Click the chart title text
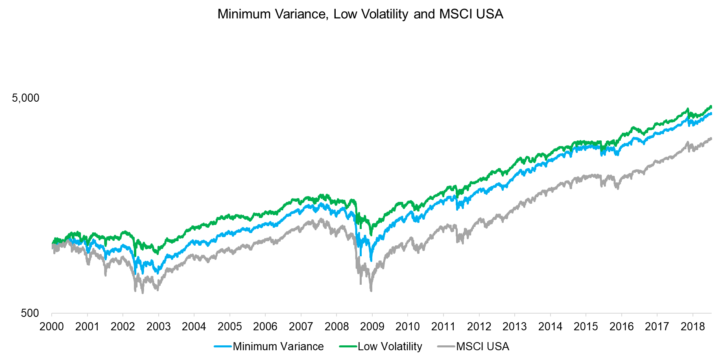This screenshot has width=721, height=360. pyautogui.click(x=360, y=14)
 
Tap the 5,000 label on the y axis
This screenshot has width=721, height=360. pyautogui.click(x=26, y=98)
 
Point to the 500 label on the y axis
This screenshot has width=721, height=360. pyautogui.click(x=30, y=313)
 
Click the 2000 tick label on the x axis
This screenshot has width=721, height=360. pyautogui.click(x=52, y=327)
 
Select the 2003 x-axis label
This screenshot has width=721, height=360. pyautogui.click(x=158, y=327)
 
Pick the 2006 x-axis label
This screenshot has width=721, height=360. pyautogui.click(x=265, y=327)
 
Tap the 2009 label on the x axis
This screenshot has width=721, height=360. pyautogui.click(x=372, y=327)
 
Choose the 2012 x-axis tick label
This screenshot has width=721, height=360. pyautogui.click(x=479, y=327)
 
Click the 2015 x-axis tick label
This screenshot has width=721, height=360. pyautogui.click(x=586, y=327)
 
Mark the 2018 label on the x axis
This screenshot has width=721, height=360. pyautogui.click(x=693, y=327)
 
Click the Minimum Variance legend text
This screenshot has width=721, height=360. pyautogui.click(x=278, y=347)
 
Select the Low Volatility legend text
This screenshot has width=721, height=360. pyautogui.click(x=390, y=347)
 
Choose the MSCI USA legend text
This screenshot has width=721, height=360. pyautogui.click(x=483, y=347)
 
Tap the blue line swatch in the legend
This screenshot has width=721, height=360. pyautogui.click(x=223, y=347)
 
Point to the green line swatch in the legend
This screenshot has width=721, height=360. pyautogui.click(x=348, y=347)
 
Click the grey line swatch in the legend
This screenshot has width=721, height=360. pyautogui.click(x=446, y=347)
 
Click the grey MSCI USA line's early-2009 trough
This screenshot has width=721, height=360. pyautogui.click(x=371, y=290)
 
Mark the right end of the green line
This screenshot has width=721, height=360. pyautogui.click(x=711, y=107)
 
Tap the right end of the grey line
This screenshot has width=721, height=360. pyautogui.click(x=711, y=139)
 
